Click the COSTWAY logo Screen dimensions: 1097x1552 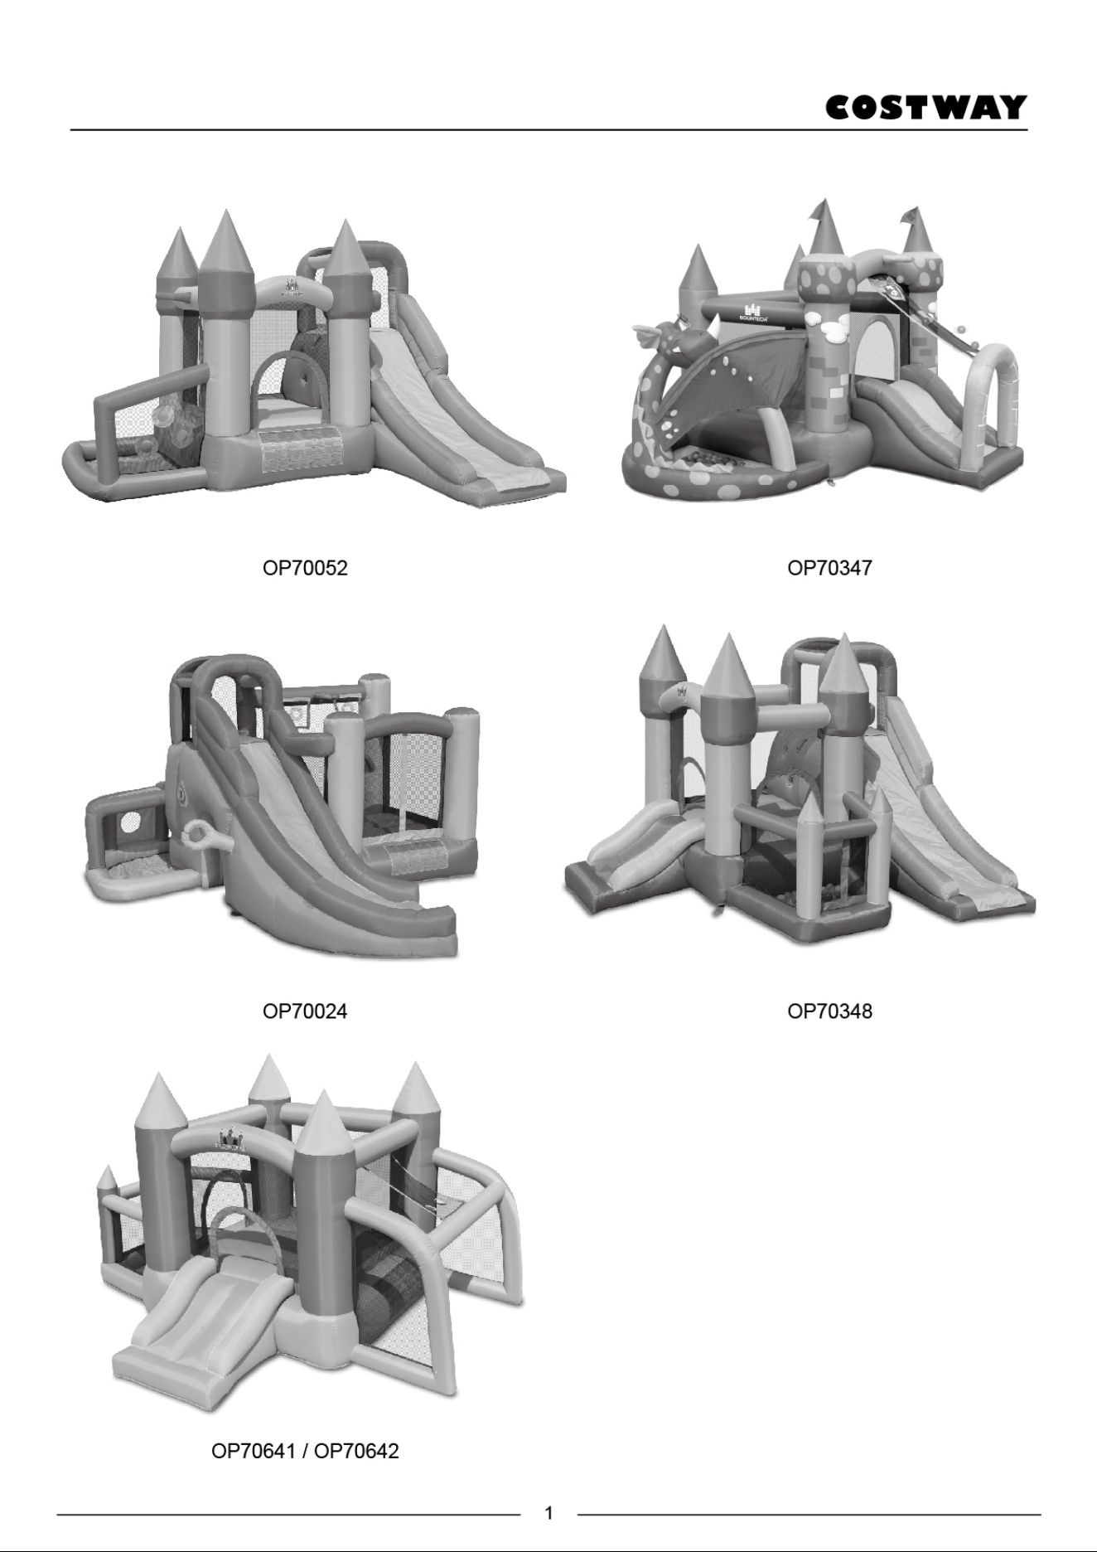926,108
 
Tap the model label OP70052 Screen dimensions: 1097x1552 305,568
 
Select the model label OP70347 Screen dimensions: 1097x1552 829,568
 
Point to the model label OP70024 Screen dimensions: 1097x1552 305,1011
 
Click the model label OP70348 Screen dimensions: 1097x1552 829,1011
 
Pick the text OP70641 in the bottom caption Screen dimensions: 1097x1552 254,1451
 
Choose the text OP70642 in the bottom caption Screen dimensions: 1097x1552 356,1451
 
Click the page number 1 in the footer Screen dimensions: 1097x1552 548,1513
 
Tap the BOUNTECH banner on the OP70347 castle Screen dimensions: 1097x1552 754,313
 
